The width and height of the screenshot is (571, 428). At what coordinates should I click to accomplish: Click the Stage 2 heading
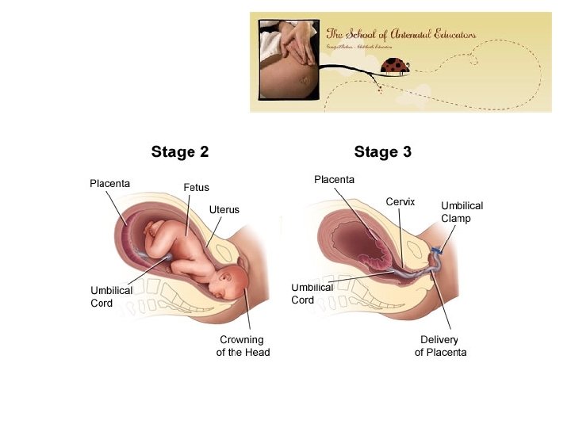click(x=180, y=151)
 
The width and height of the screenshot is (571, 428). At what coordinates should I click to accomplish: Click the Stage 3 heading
click(x=382, y=151)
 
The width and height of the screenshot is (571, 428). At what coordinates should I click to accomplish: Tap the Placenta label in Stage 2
click(x=109, y=184)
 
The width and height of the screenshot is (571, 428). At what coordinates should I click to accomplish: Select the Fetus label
click(x=196, y=188)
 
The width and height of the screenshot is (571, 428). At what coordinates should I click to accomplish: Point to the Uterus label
click(x=224, y=209)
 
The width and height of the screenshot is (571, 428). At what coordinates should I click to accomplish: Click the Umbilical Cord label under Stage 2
click(x=111, y=296)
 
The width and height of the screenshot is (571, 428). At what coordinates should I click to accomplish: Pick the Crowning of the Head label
click(x=243, y=346)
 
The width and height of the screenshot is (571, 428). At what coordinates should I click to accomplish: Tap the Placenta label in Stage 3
click(x=334, y=180)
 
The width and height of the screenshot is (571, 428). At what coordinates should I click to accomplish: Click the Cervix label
click(x=400, y=202)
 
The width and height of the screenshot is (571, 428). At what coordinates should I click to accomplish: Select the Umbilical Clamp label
click(x=462, y=212)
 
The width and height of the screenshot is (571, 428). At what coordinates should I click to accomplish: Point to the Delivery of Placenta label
click(x=440, y=346)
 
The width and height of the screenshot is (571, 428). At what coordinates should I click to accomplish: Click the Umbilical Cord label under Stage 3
click(x=312, y=293)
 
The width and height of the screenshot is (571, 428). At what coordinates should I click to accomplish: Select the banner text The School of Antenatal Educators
click(x=401, y=34)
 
